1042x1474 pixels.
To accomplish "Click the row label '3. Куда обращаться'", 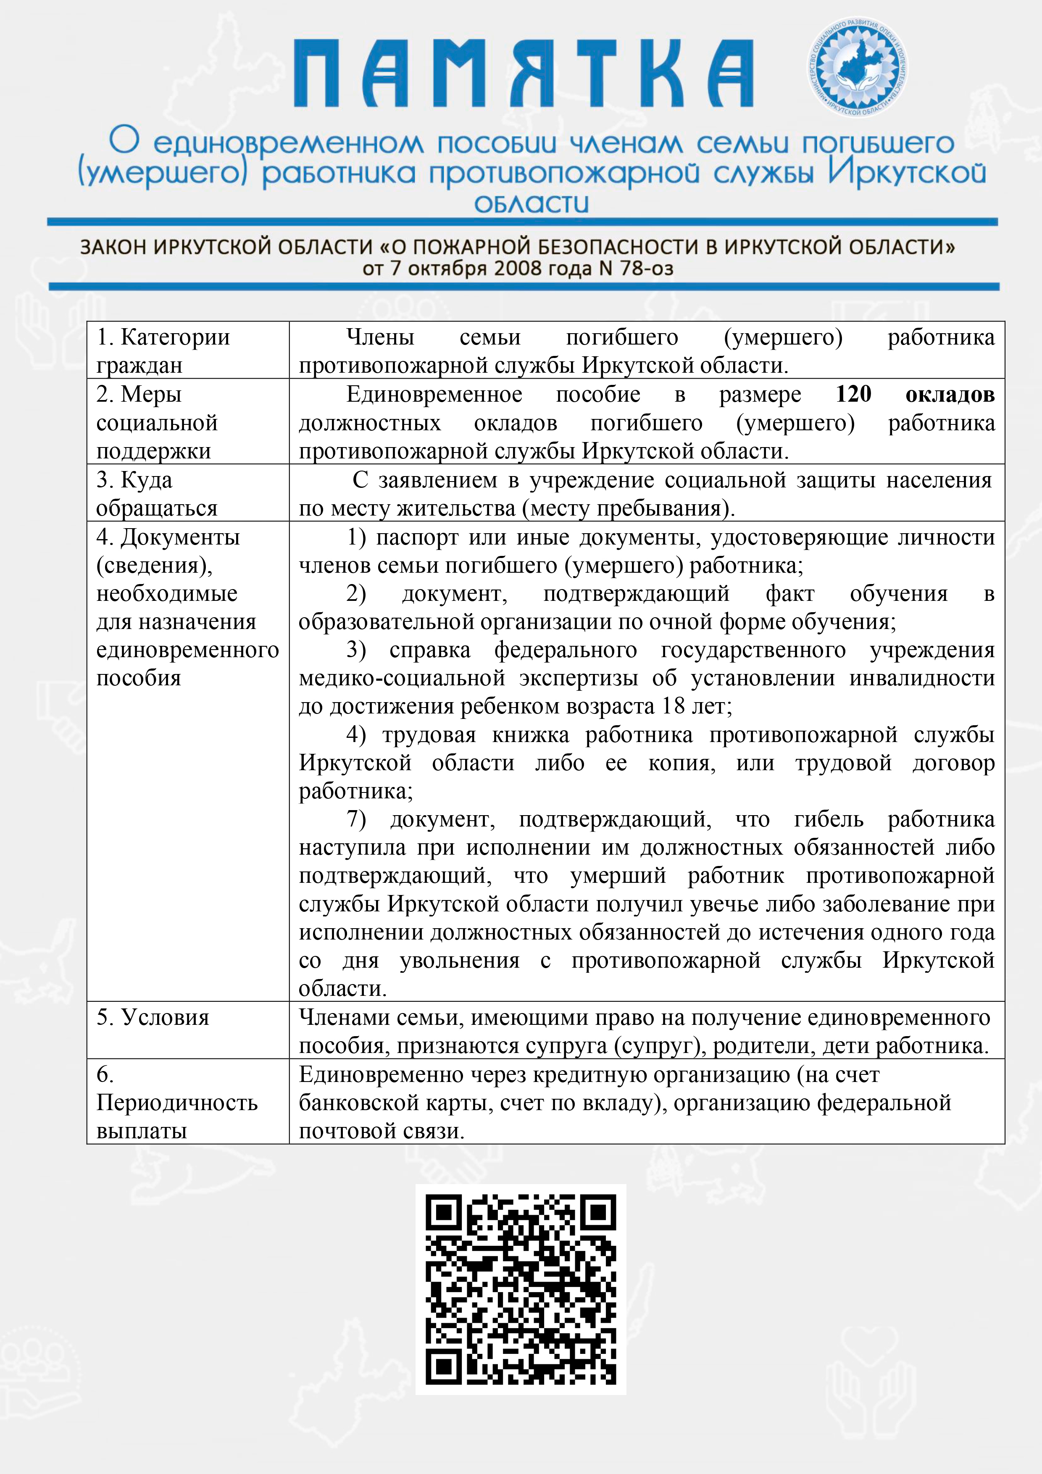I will (157, 494).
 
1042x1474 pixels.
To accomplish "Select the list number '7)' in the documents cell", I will (356, 820).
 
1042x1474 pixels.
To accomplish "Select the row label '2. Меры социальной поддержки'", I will (157, 422).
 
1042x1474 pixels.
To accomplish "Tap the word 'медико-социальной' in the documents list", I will (402, 679).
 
